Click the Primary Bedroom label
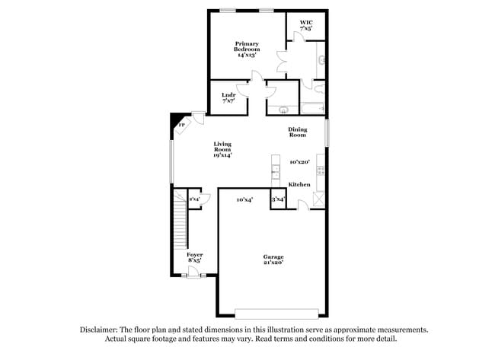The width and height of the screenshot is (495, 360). pyautogui.click(x=246, y=49)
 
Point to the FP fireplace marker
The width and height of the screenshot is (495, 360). pyautogui.click(x=181, y=125)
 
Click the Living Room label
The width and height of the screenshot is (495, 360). pyautogui.click(x=222, y=149)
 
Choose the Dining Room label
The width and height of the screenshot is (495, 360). pyautogui.click(x=297, y=132)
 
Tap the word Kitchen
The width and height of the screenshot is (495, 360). pyautogui.click(x=299, y=185)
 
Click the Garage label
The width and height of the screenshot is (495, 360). pyautogui.click(x=274, y=260)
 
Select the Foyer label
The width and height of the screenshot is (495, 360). pyautogui.click(x=195, y=256)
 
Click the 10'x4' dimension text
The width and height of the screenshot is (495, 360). pyautogui.click(x=244, y=199)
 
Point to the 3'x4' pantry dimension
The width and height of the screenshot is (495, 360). pyautogui.click(x=278, y=199)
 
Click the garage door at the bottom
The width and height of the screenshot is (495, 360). pyautogui.click(x=276, y=313)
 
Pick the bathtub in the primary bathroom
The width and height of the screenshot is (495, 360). pyautogui.click(x=312, y=107)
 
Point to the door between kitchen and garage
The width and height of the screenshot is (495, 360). pyautogui.click(x=302, y=203)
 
